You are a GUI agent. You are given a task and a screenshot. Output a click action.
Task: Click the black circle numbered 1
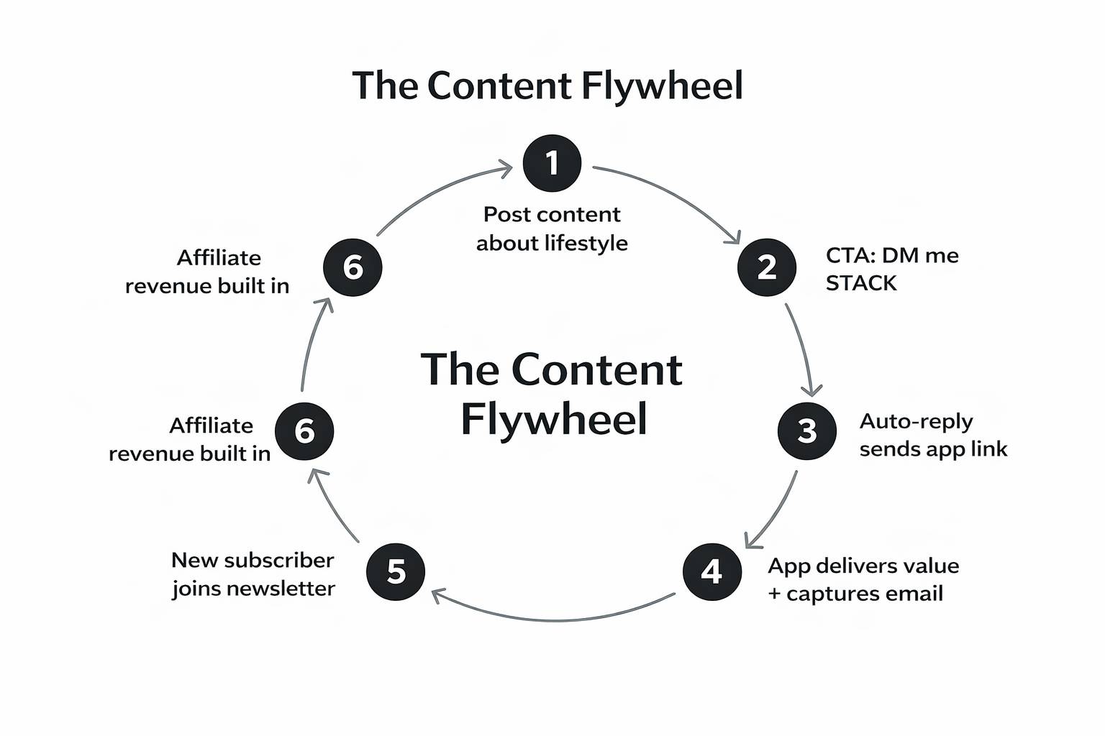click(x=552, y=162)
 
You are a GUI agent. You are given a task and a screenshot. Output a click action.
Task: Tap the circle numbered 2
click(x=767, y=267)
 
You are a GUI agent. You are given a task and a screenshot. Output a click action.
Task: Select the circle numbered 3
click(x=807, y=431)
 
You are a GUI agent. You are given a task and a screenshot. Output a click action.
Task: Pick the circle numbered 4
click(x=711, y=571)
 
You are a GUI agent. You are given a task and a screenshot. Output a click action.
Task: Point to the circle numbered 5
click(x=396, y=571)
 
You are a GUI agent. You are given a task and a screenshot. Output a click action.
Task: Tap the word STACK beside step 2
click(x=861, y=283)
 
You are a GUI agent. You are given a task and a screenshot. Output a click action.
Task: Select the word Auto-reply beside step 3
click(x=916, y=420)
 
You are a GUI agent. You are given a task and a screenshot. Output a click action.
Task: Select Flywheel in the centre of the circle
click(x=553, y=418)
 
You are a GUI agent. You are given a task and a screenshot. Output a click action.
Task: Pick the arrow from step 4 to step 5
click(x=554, y=618)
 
